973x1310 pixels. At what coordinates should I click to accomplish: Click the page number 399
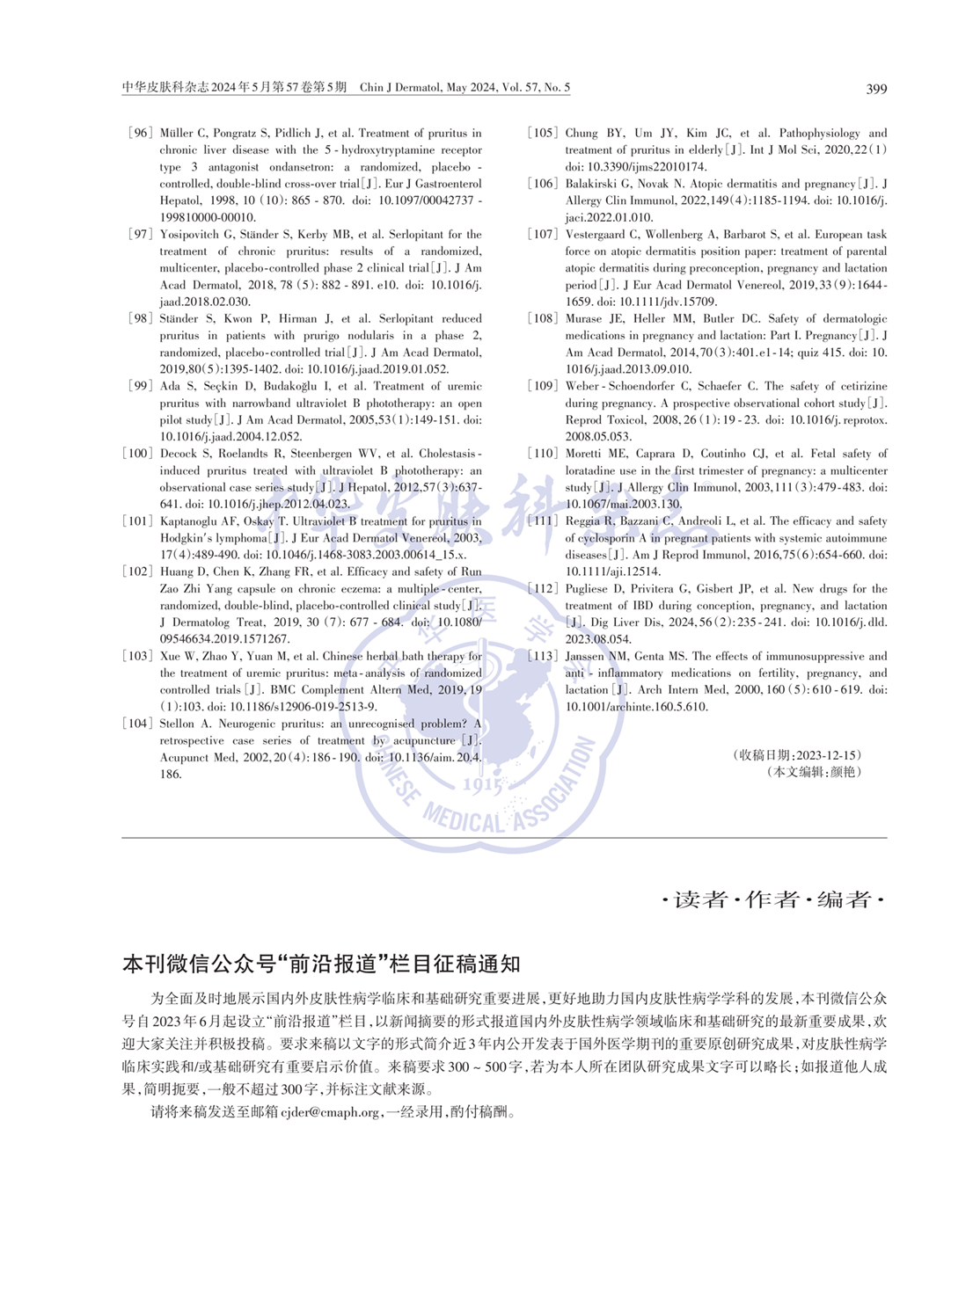pos(876,89)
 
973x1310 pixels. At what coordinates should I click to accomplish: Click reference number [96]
pos(140,134)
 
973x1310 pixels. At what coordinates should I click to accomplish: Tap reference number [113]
pos(542,656)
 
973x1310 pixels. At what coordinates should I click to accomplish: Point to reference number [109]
pos(542,386)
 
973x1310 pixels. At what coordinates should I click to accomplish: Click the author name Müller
pos(178,134)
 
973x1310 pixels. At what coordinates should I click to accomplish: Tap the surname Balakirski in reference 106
pos(596,184)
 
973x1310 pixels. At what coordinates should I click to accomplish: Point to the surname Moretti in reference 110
pos(586,454)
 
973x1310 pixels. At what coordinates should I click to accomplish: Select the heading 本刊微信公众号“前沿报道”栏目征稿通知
pos(321,964)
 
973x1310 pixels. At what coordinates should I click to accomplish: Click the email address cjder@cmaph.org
pos(330,1112)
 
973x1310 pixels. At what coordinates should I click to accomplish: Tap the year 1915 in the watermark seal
pos(482,785)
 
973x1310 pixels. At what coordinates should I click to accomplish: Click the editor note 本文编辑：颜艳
pos(814,772)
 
